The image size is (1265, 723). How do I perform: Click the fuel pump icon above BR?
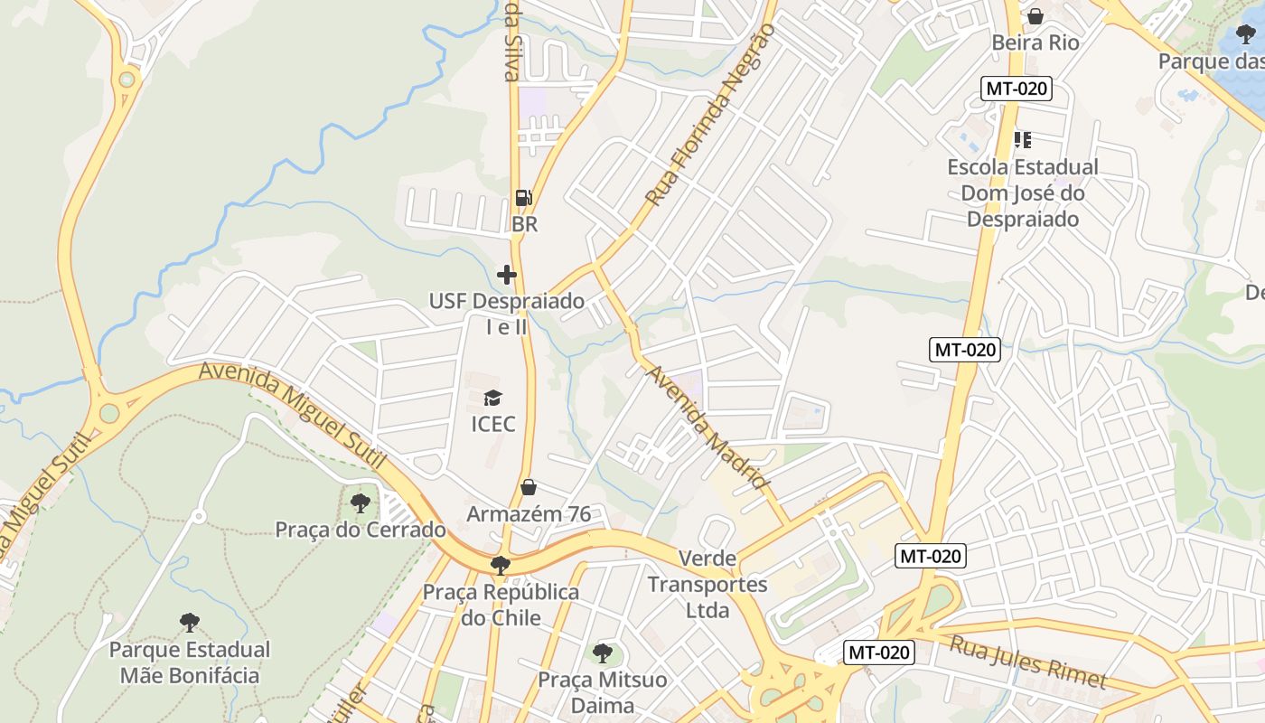[x=523, y=198]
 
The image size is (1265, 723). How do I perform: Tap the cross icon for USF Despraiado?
[x=507, y=274]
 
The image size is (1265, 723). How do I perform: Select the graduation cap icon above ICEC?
[x=492, y=398]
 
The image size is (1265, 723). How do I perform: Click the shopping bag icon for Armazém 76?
[x=529, y=488]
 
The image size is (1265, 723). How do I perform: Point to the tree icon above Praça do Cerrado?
[x=360, y=502]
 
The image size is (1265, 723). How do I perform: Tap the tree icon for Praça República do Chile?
[x=500, y=566]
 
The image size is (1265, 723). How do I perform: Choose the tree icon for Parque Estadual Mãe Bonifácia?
[x=189, y=622]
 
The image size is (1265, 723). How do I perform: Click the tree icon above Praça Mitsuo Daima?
[x=603, y=653]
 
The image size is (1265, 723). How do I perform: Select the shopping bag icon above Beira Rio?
[x=1035, y=16]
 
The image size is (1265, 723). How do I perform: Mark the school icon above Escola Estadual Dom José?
[x=1023, y=140]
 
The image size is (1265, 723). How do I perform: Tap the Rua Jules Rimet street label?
[x=1028, y=662]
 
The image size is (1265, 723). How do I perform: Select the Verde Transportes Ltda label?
[x=707, y=585]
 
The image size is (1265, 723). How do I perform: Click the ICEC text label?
[x=493, y=424]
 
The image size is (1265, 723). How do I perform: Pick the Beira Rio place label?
[x=1035, y=42]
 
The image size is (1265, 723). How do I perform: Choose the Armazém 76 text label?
[x=529, y=514]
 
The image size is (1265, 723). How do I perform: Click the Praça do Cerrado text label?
[x=361, y=530]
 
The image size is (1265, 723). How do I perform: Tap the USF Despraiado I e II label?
[x=507, y=314]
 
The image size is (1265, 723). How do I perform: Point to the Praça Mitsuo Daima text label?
[x=603, y=691]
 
